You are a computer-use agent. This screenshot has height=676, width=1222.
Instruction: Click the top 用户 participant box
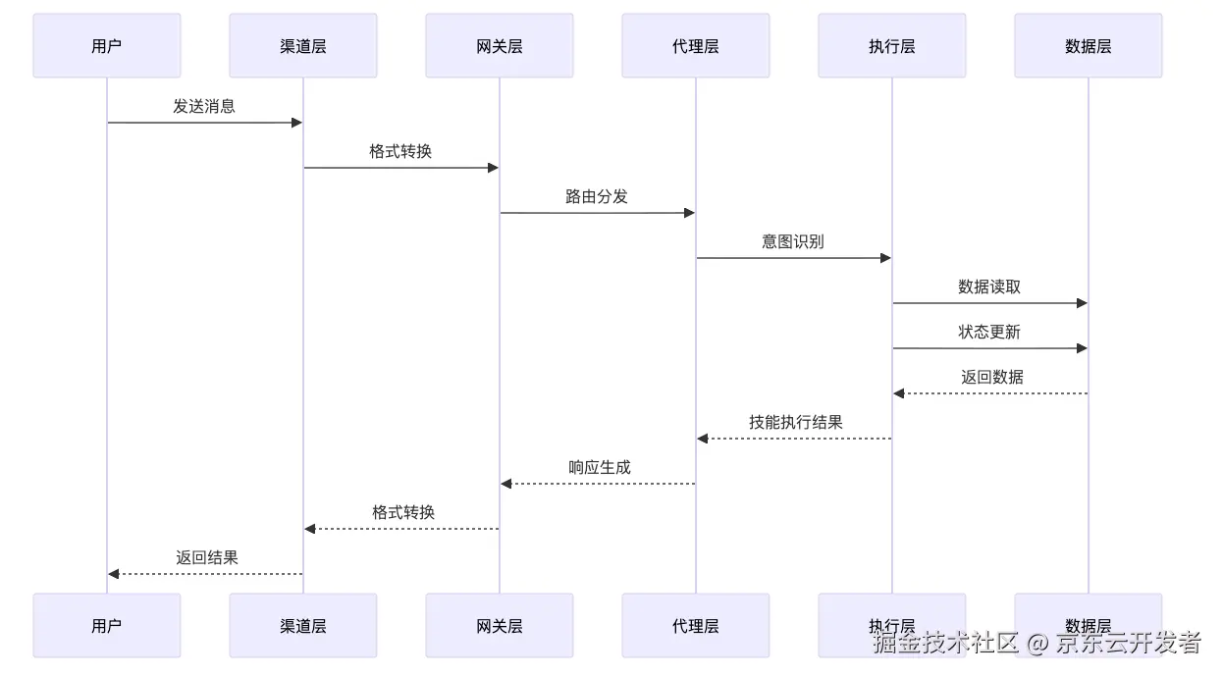coord(106,46)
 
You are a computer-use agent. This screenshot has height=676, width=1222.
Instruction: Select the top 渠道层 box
coord(302,46)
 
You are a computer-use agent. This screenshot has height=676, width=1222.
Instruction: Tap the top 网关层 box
coord(499,46)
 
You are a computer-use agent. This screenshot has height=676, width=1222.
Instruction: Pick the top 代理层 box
coord(695,46)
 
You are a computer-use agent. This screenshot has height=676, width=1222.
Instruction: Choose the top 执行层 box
coord(891,46)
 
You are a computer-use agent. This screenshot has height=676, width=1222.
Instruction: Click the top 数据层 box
coord(1088,46)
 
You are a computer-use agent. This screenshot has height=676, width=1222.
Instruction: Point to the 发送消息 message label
coord(204,106)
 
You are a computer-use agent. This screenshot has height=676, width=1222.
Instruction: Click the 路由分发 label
coord(597,196)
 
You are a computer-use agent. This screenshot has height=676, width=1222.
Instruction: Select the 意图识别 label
coord(793,241)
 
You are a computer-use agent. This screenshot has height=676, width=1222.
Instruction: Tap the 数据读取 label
coord(989,286)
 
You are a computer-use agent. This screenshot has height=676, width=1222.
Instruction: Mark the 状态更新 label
coord(989,332)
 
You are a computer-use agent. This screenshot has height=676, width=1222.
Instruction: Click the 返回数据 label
coord(992,377)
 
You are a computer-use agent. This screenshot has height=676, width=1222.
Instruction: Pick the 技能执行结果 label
coord(796,422)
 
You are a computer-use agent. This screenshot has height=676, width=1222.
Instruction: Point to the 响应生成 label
coord(600,467)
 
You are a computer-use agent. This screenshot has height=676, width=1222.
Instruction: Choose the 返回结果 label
coord(207,557)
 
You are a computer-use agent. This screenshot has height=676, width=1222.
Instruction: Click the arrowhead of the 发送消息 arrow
coord(296,123)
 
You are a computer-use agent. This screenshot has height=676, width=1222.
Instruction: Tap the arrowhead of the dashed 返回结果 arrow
coord(114,574)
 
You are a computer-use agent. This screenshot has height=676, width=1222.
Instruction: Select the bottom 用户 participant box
coord(106,626)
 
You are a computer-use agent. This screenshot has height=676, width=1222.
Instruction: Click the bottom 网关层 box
coord(499,626)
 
